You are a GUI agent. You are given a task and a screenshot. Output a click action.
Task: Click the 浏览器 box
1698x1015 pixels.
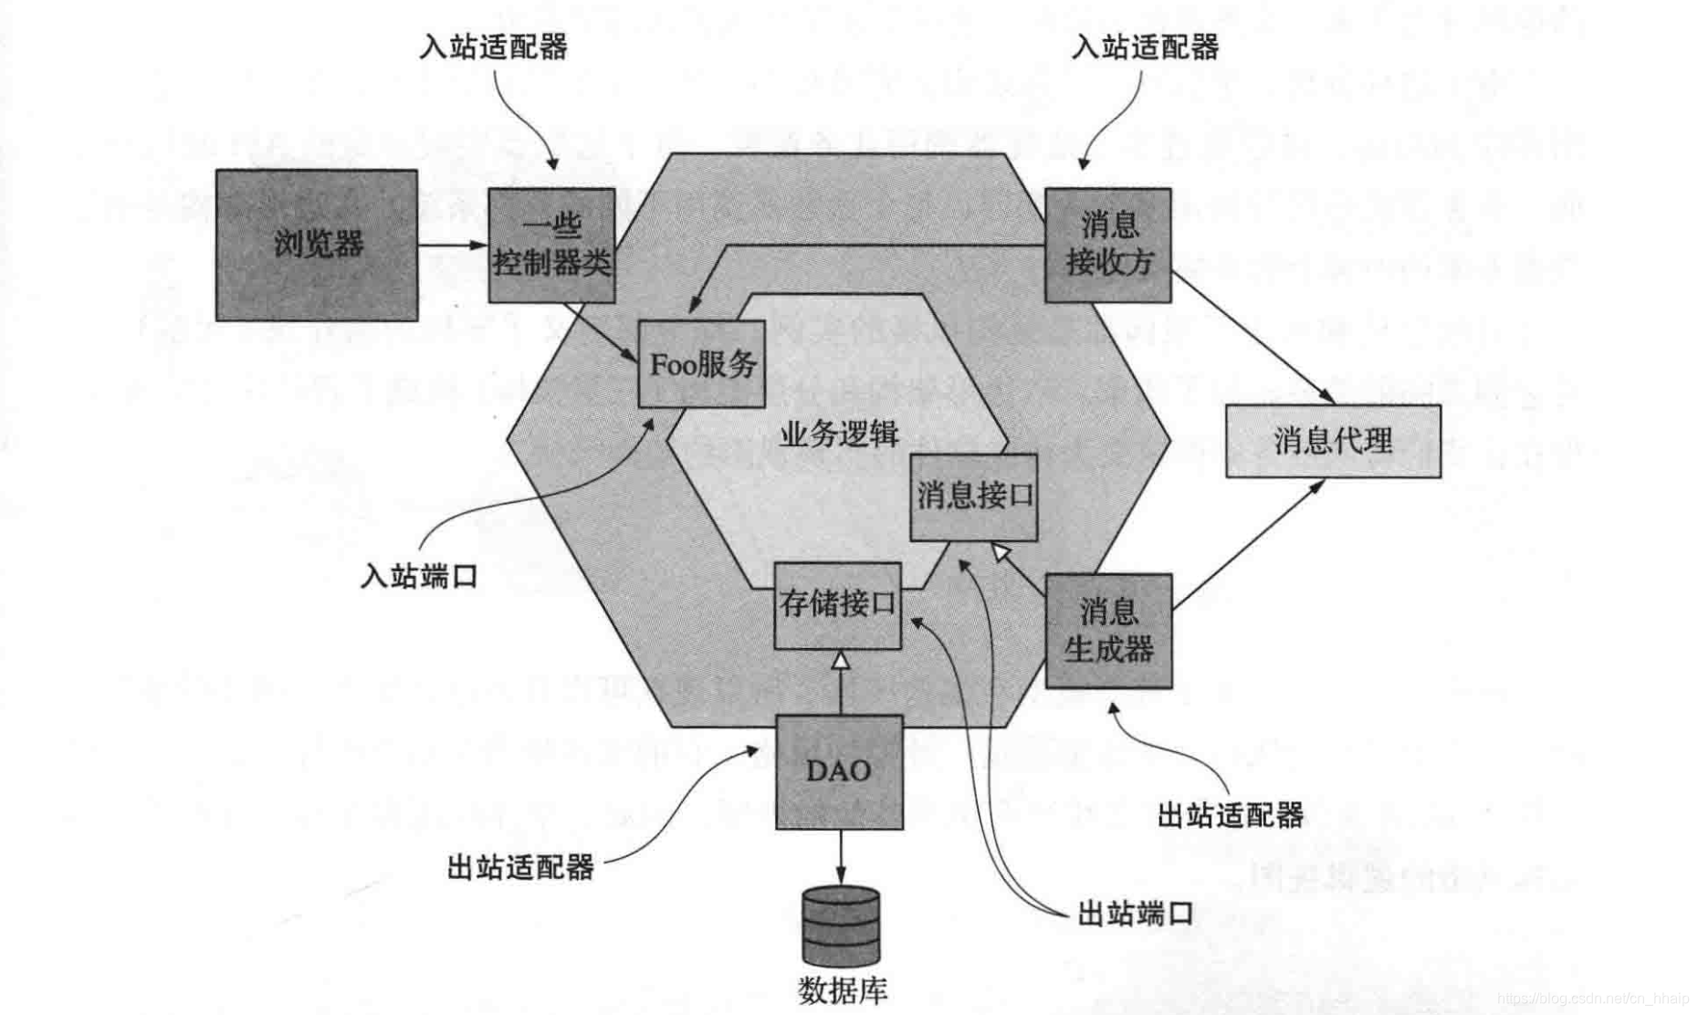tap(317, 245)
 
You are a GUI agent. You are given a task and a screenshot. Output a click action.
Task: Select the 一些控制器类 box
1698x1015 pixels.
tap(551, 245)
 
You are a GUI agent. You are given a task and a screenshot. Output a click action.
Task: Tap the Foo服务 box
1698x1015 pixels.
tap(701, 364)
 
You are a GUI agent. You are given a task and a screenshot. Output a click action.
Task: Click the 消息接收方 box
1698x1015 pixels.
tap(1107, 245)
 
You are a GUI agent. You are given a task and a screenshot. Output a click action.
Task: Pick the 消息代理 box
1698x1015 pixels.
tap(1333, 441)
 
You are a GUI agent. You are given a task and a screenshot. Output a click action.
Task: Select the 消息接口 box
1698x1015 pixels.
tap(974, 497)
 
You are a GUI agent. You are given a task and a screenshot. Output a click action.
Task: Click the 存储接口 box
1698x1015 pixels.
tap(837, 605)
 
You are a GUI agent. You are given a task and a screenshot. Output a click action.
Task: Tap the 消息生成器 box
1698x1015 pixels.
tap(1108, 631)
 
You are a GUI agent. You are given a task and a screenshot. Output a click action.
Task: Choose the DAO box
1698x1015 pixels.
tap(839, 771)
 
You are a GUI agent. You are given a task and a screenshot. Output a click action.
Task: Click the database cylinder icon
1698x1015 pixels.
tap(841, 926)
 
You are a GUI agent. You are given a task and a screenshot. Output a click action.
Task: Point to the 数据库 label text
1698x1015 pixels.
tap(842, 990)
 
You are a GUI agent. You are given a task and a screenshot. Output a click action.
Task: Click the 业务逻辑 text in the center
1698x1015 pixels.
tap(839, 434)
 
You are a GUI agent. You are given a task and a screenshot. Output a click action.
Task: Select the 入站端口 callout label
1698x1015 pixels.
tap(419, 576)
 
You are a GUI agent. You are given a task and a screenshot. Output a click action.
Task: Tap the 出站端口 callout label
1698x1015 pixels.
tap(1135, 913)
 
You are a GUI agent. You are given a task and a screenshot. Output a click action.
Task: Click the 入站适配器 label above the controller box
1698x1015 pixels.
tap(493, 47)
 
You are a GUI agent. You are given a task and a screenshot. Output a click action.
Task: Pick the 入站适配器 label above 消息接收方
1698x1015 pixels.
tap(1145, 47)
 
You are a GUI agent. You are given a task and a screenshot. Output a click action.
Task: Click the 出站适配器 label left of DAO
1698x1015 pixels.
tap(520, 866)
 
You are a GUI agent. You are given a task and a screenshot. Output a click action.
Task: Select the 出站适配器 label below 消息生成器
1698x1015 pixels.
tap(1230, 815)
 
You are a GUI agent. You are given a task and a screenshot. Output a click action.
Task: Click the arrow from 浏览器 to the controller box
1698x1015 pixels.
tap(453, 245)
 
